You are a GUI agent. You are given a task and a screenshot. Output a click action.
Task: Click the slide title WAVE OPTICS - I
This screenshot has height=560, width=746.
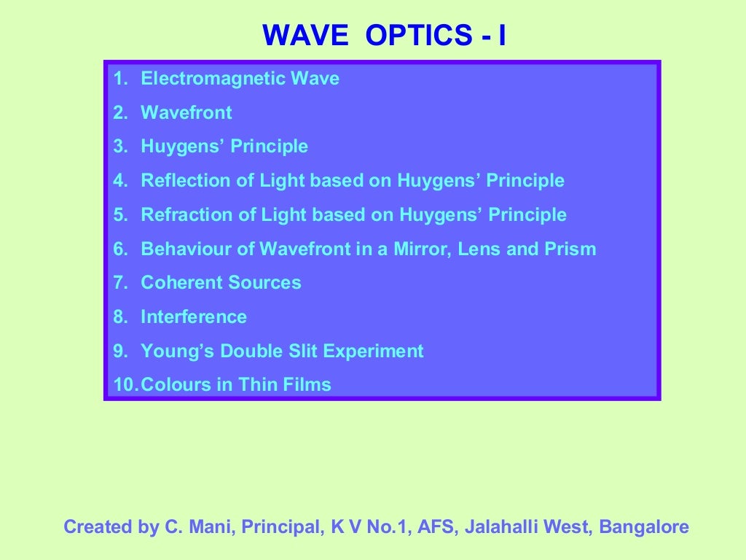(x=384, y=35)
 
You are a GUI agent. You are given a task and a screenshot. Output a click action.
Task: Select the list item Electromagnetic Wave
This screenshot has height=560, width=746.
(x=240, y=78)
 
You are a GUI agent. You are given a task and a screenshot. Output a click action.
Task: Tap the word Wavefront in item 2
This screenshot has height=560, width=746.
(x=186, y=112)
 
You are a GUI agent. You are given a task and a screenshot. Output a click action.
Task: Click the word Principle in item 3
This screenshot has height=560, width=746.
(x=269, y=147)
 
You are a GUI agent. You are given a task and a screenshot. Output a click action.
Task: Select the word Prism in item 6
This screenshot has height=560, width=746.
(x=570, y=249)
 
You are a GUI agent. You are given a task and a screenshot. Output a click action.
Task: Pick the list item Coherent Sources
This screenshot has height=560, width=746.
(x=221, y=283)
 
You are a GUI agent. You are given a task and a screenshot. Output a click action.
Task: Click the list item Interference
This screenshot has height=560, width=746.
(x=194, y=317)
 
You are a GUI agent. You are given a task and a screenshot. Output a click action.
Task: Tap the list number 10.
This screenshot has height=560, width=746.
(x=124, y=385)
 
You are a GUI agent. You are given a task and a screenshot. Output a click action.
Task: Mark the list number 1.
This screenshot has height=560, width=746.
(x=120, y=78)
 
